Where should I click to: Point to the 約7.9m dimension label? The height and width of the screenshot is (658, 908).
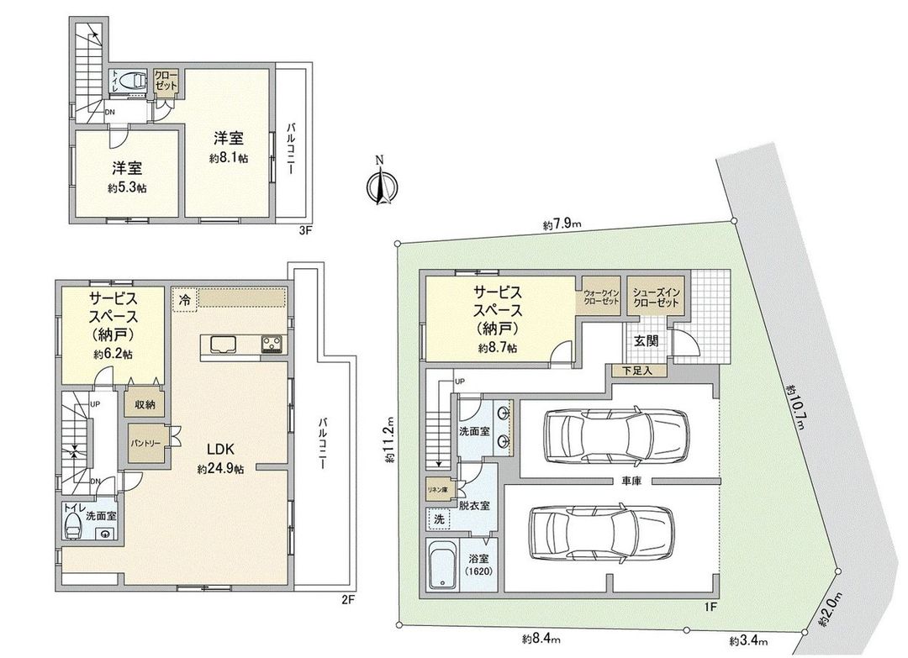pos(562,224)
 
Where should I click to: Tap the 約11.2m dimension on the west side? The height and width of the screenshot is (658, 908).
pos(389,441)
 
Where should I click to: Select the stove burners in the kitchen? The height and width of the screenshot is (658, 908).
pos(272,344)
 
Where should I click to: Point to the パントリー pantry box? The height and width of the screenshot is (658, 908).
pos(145,441)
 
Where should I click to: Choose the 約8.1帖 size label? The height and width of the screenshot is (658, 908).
pos(228,158)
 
